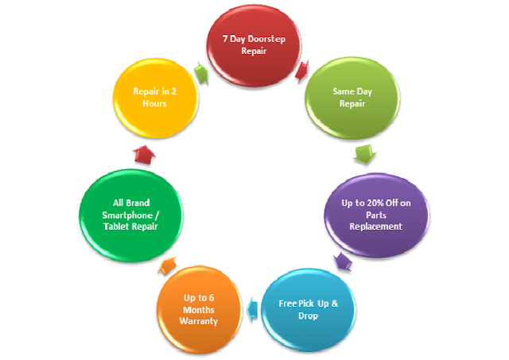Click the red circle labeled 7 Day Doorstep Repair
coord(254,45)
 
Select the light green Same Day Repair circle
coord(352,99)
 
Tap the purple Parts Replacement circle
coord(376,215)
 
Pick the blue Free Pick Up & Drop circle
coord(309,310)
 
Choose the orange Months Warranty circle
coord(200,310)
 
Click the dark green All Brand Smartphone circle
coord(131,215)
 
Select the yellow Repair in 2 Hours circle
coord(155,98)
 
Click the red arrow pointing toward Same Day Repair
coord(302,72)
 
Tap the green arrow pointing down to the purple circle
coord(364,154)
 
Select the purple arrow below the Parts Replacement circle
coord(343,261)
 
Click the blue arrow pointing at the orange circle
coord(252,309)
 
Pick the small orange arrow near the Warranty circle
coord(167,265)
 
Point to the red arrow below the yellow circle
coord(144,154)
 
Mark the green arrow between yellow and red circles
coord(201,73)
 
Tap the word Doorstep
coord(266,39)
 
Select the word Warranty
coord(199,321)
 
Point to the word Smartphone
coord(127,215)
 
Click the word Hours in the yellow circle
coord(154,103)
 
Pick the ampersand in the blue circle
coord(335,304)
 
